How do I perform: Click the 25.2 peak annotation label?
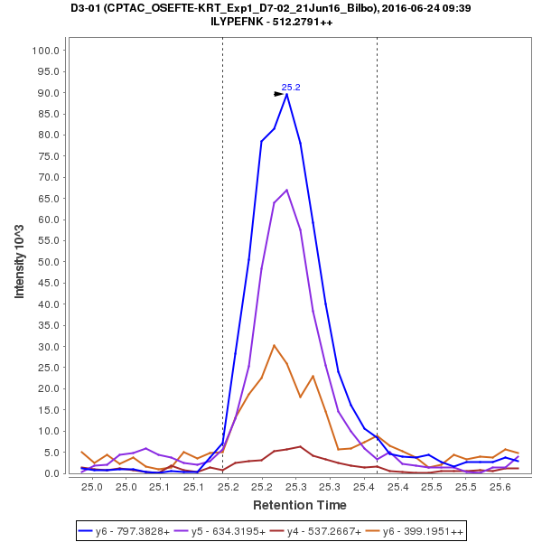(x=291, y=88)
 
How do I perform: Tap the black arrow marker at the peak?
(x=279, y=93)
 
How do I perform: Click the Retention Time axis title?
(x=299, y=505)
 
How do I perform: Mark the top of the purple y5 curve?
(x=286, y=190)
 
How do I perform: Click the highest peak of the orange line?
(x=274, y=345)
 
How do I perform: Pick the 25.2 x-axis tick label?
(x=228, y=487)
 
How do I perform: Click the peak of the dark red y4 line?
(x=300, y=446)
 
